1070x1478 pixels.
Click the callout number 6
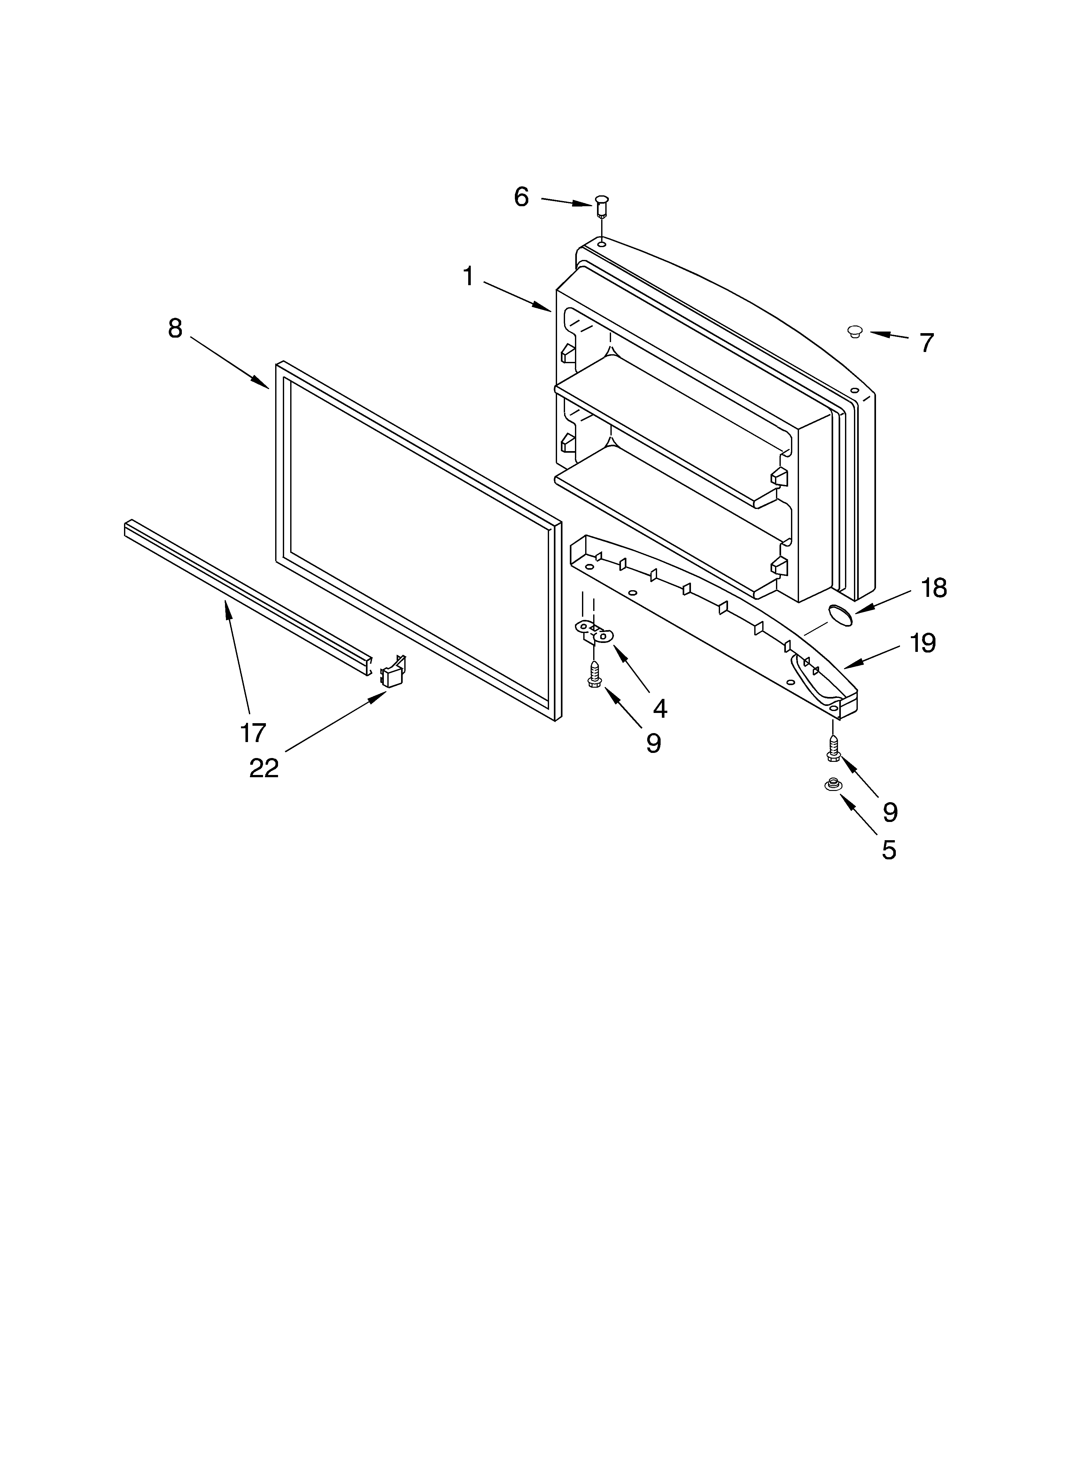click(x=521, y=197)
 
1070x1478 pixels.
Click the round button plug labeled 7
click(x=854, y=332)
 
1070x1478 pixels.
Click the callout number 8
click(x=174, y=328)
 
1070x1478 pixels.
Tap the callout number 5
click(x=889, y=850)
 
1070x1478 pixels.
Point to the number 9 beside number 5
click(x=890, y=812)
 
